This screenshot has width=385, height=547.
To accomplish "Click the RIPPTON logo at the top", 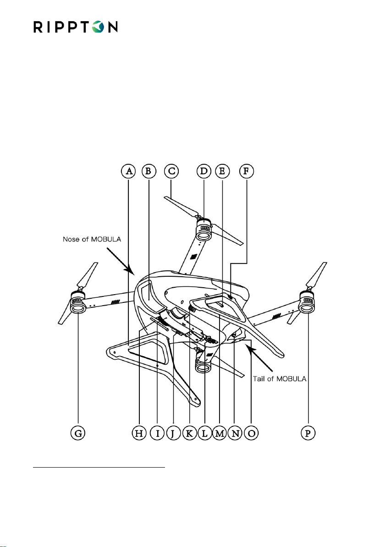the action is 76,26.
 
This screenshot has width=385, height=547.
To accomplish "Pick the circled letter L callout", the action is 204,433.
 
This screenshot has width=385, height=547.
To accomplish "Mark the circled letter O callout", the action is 252,433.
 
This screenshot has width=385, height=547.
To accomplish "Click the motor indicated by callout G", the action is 78,303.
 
